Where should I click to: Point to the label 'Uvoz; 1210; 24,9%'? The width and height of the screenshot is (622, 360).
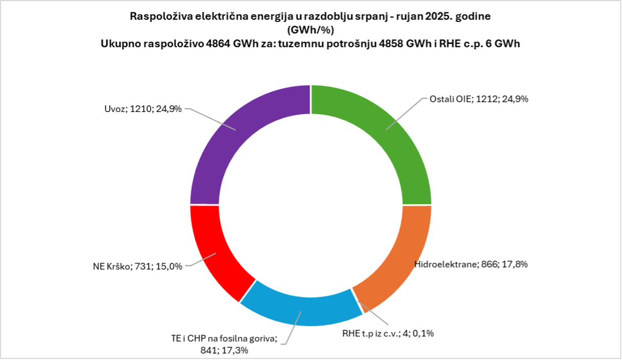point(142,109)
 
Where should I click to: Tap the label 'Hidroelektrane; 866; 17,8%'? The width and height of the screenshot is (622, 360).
point(470,264)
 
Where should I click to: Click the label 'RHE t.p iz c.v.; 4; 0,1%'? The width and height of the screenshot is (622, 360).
point(388,333)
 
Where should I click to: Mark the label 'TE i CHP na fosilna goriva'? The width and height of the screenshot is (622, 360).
point(224,338)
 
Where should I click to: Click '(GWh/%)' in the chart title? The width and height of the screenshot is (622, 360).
point(310,30)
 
